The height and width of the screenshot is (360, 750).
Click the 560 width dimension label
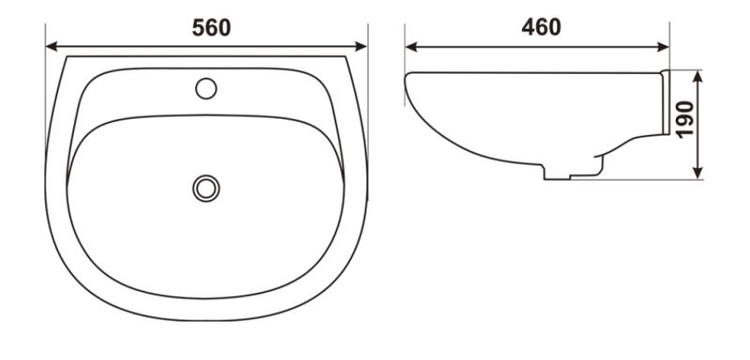click(212, 28)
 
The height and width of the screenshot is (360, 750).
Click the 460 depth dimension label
click(542, 27)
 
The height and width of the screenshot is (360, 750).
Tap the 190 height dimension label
click(685, 119)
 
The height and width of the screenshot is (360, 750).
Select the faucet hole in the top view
click(206, 88)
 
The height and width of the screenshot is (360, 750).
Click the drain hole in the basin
click(206, 188)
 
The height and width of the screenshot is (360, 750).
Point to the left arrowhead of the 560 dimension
click(52, 46)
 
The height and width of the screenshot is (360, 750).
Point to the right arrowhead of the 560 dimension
click(361, 46)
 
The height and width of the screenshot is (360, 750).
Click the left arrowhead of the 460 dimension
click(411, 47)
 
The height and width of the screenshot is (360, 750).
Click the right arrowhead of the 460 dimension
click(663, 47)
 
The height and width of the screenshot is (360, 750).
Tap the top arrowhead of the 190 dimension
click(697, 77)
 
